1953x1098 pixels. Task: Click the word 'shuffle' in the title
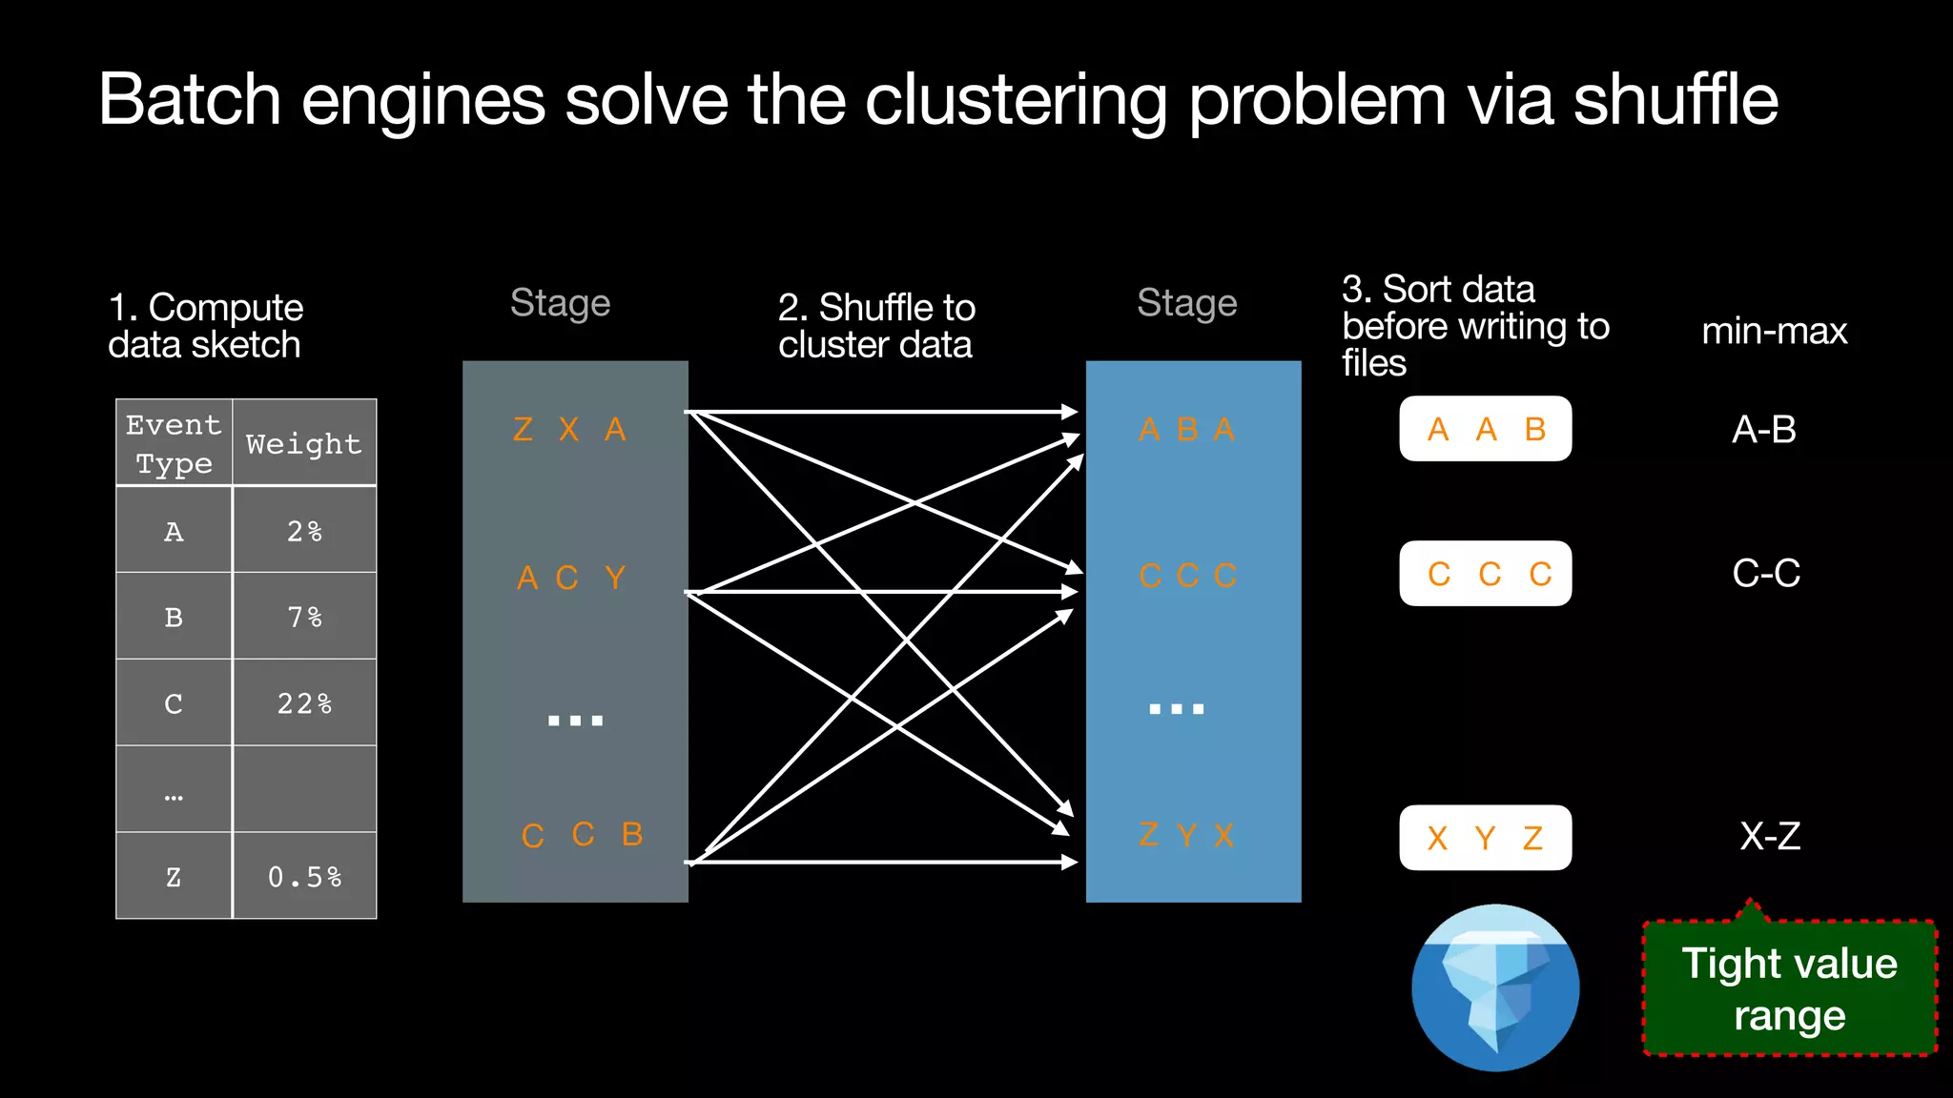click(1675, 100)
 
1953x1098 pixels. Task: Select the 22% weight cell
click(304, 703)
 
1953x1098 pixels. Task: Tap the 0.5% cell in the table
click(304, 876)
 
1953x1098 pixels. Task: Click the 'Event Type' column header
click(174, 443)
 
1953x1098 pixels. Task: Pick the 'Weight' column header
click(304, 443)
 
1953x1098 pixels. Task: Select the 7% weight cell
click(304, 617)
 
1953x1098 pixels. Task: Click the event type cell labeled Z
click(174, 876)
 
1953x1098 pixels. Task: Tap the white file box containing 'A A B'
click(1485, 429)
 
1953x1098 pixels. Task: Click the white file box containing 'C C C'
click(1485, 574)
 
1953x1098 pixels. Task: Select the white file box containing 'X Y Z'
click(1485, 838)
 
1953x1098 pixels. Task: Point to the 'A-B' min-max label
click(1764, 430)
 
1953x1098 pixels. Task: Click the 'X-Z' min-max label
click(1770, 837)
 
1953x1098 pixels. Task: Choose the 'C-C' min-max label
click(1766, 574)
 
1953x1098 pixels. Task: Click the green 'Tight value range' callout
click(1789, 988)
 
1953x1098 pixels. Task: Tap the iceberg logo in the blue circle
click(1495, 988)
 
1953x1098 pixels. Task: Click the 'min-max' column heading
click(1774, 332)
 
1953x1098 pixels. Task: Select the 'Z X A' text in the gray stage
click(569, 429)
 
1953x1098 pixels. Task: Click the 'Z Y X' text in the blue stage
click(1186, 836)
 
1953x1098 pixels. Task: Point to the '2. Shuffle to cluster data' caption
click(876, 326)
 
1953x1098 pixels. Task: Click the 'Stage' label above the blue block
click(1186, 303)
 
